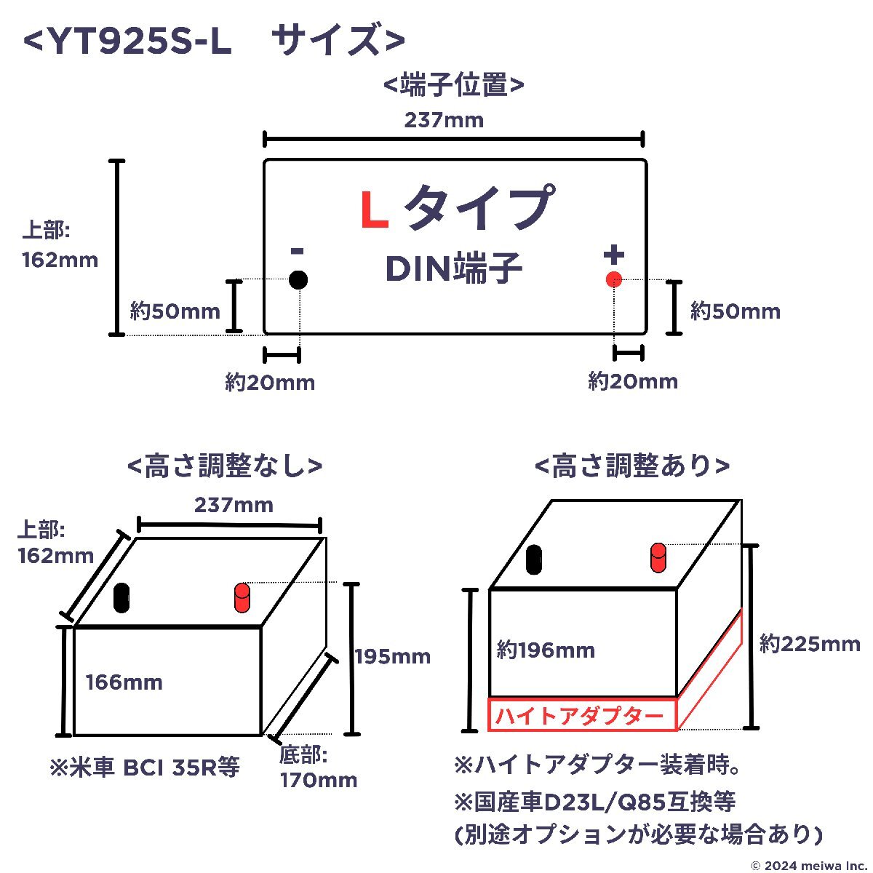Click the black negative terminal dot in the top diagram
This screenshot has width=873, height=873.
click(x=298, y=279)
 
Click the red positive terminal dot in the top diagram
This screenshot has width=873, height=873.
click(x=613, y=279)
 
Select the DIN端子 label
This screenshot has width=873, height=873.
click(x=453, y=268)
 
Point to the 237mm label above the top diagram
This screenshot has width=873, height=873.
click(x=444, y=120)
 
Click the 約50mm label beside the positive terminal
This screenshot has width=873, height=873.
click(x=736, y=311)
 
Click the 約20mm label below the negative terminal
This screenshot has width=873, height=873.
click(x=270, y=383)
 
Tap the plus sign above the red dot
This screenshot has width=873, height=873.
click(x=614, y=255)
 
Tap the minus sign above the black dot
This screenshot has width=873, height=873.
click(x=298, y=250)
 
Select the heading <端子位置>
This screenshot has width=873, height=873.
click(x=453, y=84)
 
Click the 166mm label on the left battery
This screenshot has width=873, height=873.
click(x=124, y=682)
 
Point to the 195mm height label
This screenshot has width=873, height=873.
click(x=393, y=657)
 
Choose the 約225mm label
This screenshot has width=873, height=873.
click(x=810, y=644)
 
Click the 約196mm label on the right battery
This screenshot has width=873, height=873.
click(x=546, y=650)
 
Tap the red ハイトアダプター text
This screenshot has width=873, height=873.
click(x=579, y=717)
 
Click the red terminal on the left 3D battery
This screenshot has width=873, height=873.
click(x=242, y=597)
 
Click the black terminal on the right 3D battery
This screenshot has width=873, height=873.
click(x=534, y=559)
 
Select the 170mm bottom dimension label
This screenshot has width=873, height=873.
click(x=319, y=780)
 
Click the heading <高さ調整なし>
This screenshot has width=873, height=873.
click(x=225, y=466)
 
